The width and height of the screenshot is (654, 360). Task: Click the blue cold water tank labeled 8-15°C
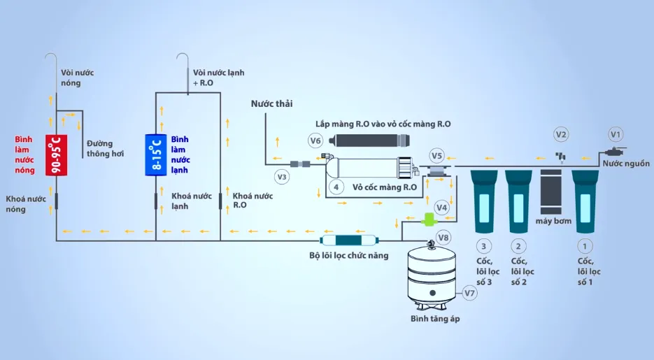pos(155,154)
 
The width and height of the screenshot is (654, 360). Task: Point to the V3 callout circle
pos(282,177)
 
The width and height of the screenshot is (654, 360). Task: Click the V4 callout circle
pos(441,207)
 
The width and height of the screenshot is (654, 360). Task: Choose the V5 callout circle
pos(437,155)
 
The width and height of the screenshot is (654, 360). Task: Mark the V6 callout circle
pos(315,141)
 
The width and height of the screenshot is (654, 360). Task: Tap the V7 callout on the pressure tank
pos(469,294)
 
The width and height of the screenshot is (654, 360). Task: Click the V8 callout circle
pos(443,237)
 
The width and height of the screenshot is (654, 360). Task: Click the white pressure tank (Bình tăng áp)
pos(431,275)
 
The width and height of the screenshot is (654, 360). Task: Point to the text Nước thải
pos(271,103)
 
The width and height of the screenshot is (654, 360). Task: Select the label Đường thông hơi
pos(106,148)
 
